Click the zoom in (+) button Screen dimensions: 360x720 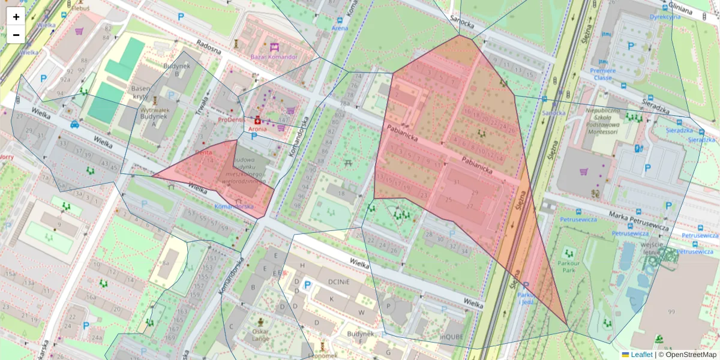tap(16, 16)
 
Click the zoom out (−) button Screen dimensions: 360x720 tap(16, 34)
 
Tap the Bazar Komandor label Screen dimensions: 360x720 tap(274, 57)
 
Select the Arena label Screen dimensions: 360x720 tap(340, 28)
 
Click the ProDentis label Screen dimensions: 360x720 tap(232, 119)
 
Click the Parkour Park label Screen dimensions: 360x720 tap(566, 265)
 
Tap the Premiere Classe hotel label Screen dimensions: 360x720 tap(602, 74)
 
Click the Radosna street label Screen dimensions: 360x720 tap(209, 47)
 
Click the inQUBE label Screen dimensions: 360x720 tap(453, 337)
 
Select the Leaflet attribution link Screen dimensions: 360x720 tap(642, 355)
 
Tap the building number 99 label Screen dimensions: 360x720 tap(670, 311)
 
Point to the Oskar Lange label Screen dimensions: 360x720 tap(260, 335)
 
